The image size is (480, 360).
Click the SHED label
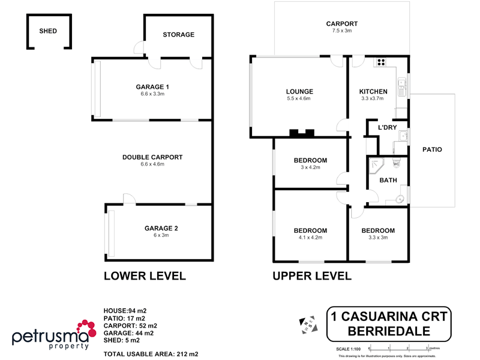[x=48, y=31]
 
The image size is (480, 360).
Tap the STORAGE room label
[x=178, y=35]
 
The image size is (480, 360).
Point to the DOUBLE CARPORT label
[x=152, y=157]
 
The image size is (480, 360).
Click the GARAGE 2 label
[x=161, y=228]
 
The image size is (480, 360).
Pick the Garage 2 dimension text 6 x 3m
[x=161, y=236]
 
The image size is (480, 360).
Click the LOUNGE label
[x=299, y=92]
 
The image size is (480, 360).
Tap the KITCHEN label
[x=373, y=92]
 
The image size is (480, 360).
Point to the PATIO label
[x=432, y=149]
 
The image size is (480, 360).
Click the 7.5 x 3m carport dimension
[x=342, y=31]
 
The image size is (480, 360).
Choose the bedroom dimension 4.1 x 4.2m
[x=310, y=238]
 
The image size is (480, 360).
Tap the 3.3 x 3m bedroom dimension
[x=378, y=238]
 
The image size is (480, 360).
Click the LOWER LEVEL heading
[x=145, y=276]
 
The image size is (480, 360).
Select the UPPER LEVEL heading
[x=312, y=276]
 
